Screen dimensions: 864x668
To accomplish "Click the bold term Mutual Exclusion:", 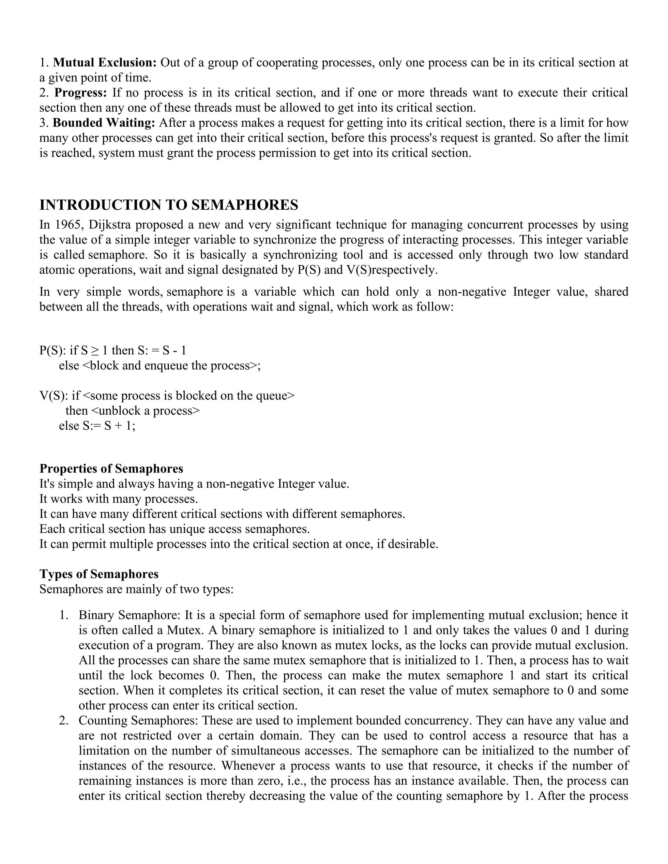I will click(105, 63).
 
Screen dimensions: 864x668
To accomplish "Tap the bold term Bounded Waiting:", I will click(104, 123).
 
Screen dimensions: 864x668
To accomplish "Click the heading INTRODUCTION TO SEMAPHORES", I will click(169, 205).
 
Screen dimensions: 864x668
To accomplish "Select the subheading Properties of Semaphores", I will click(111, 469).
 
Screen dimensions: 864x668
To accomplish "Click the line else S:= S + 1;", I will click(97, 426).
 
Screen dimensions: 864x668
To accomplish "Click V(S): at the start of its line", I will click(54, 395).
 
